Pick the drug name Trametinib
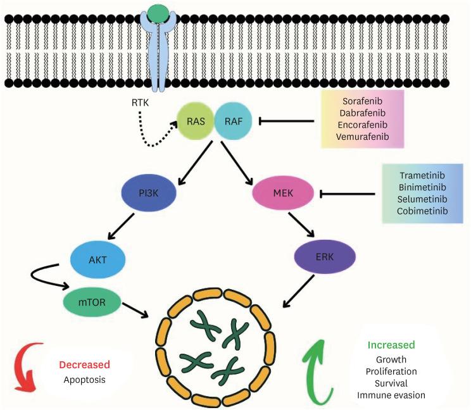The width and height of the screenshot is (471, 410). pyautogui.click(x=422, y=175)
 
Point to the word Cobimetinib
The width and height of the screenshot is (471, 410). pyautogui.click(x=422, y=211)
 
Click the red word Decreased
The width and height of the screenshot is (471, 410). pyautogui.click(x=84, y=365)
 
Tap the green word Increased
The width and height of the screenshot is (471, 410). pyautogui.click(x=391, y=345)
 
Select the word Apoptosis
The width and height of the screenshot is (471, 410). pyautogui.click(x=84, y=380)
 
